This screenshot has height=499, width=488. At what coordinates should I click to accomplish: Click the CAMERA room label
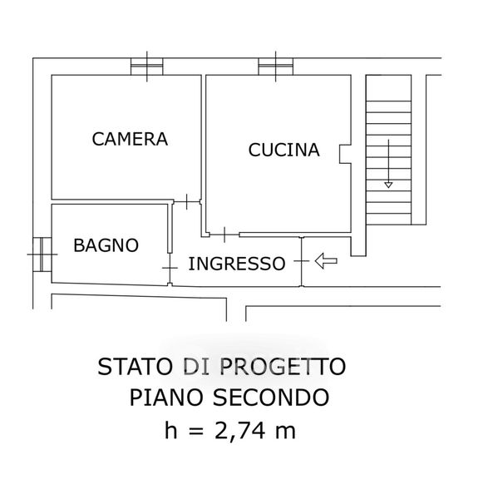click(x=130, y=139)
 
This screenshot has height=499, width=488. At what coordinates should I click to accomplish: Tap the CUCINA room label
click(x=283, y=150)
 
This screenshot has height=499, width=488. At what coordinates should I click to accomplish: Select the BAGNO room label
click(x=106, y=245)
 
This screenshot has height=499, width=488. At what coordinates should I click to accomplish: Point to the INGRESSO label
click(x=237, y=264)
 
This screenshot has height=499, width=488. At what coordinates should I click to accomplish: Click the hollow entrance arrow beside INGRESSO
click(x=326, y=261)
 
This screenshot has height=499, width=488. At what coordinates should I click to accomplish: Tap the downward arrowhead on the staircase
click(x=388, y=185)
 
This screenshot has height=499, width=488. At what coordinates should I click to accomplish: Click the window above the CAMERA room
click(x=147, y=67)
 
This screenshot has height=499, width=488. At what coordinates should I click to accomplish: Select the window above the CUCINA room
click(x=275, y=67)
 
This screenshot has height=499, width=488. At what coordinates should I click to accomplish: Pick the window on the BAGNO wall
click(x=42, y=254)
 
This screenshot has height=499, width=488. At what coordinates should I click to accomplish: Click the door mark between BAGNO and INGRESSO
click(x=170, y=268)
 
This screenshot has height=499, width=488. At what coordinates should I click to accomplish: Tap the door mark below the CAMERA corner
click(x=187, y=202)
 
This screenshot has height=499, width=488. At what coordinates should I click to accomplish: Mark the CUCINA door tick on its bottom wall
click(x=224, y=235)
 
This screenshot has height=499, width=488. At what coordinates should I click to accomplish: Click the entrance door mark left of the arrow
click(x=302, y=261)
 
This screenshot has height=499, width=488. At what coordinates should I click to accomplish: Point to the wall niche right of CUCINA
click(x=345, y=155)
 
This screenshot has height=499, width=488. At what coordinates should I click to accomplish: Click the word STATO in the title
click(x=134, y=367)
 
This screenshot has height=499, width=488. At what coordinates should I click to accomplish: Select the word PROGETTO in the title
click(x=283, y=367)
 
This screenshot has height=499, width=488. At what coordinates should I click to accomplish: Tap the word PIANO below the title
click(x=166, y=398)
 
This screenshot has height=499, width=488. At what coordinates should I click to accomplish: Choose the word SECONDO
click(x=271, y=398)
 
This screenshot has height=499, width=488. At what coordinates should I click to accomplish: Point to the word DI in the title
click(x=196, y=367)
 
